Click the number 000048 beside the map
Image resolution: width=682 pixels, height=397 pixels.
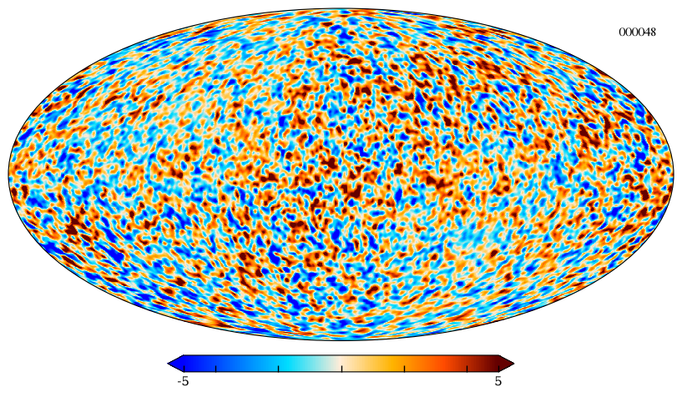pos(637,33)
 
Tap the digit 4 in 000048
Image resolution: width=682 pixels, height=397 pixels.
pos(646,33)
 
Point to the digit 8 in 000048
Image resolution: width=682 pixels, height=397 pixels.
pos(653,33)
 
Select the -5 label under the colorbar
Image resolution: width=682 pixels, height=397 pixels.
pos(183,382)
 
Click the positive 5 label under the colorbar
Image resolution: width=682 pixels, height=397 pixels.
pos(498,382)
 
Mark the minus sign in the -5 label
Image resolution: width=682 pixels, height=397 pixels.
pos(179,383)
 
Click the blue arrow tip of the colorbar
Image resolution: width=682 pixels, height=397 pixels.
pos(169,363)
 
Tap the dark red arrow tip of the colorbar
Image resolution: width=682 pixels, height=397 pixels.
pos(513,363)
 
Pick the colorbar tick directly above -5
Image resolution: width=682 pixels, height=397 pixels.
pos(184,369)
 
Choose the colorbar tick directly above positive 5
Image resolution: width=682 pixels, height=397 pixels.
pos(498,369)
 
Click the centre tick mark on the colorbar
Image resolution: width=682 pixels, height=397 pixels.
pos(341,369)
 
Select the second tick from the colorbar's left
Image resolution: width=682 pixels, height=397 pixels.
pos(215,369)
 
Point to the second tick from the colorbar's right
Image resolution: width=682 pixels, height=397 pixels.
pos(467,369)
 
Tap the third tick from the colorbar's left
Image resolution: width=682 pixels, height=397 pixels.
pos(278,369)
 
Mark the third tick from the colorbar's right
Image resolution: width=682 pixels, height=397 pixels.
pos(405,369)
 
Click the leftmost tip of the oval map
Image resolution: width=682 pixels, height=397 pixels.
pos(8,174)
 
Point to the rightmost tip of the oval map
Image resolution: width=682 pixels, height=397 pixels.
pos(674,174)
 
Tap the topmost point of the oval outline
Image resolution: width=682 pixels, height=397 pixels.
pos(341,8)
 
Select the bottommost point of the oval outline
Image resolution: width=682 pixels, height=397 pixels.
pos(341,340)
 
